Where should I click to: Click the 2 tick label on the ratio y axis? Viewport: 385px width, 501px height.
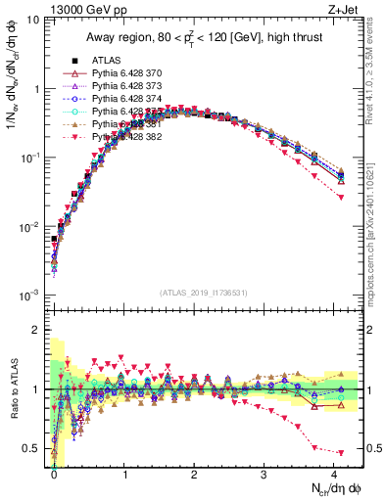(39, 330)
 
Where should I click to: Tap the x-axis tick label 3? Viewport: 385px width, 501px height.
(265, 474)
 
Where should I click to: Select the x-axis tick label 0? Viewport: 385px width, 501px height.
(54, 474)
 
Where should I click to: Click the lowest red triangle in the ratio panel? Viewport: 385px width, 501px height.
(341, 453)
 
